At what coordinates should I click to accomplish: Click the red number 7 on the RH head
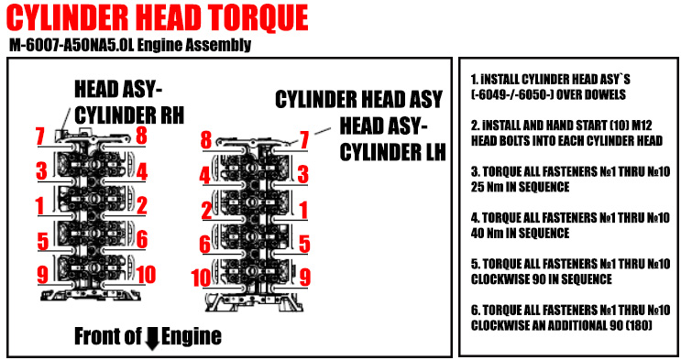pyautogui.click(x=40, y=136)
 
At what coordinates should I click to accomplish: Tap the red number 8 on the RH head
pyautogui.click(x=141, y=135)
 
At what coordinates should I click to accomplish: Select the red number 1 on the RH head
pyautogui.click(x=40, y=206)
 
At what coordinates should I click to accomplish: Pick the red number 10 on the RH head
pyautogui.click(x=146, y=275)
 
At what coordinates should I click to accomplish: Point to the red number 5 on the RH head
pyautogui.click(x=42, y=242)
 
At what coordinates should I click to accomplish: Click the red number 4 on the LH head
pyautogui.click(x=204, y=176)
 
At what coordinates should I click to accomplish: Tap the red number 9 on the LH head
pyautogui.click(x=305, y=277)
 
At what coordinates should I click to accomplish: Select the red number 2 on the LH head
pyautogui.click(x=207, y=211)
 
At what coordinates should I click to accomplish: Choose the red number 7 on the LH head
pyautogui.click(x=304, y=140)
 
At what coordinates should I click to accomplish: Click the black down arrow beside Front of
pyautogui.click(x=152, y=338)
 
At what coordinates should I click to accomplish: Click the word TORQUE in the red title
pyautogui.click(x=258, y=17)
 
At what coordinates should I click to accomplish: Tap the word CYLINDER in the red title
pyautogui.click(x=68, y=17)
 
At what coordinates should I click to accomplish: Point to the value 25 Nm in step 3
pyautogui.click(x=487, y=187)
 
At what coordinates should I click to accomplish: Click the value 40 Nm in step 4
pyautogui.click(x=487, y=234)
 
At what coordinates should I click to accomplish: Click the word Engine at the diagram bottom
pyautogui.click(x=192, y=336)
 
